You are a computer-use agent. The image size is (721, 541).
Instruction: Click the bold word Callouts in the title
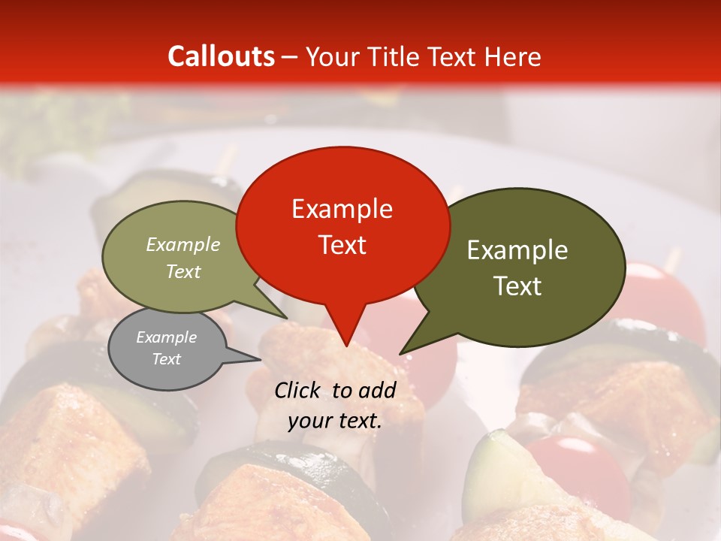[x=221, y=56]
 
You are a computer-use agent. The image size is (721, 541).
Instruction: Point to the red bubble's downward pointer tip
[x=345, y=346]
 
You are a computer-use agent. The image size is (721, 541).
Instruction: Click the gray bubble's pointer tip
[x=260, y=359]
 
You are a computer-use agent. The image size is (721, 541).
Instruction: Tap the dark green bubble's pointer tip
[x=401, y=353]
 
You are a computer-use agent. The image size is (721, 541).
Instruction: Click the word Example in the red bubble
[x=342, y=209]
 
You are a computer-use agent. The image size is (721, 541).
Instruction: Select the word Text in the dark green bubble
[x=518, y=286]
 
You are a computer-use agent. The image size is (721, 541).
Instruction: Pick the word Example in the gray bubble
[x=167, y=337]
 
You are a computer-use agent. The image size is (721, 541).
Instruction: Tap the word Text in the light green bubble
[x=183, y=271]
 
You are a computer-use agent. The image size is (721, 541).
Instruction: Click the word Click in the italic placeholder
[x=300, y=390]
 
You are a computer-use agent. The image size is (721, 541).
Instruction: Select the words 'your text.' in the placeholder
[x=335, y=421]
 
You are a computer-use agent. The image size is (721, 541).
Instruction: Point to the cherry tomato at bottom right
[x=578, y=470]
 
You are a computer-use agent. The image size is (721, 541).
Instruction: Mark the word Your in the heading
[x=330, y=56]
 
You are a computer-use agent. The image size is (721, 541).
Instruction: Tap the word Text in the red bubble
[x=342, y=245]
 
